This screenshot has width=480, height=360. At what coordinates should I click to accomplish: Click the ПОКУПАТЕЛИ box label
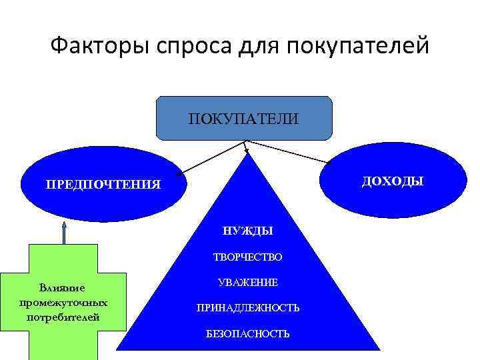coord(243,119)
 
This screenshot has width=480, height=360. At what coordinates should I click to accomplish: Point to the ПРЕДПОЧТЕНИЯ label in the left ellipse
coord(103,184)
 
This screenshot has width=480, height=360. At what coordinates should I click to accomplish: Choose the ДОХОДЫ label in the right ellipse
coord(393,181)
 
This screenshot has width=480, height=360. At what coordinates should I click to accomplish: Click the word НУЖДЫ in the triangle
coord(248,231)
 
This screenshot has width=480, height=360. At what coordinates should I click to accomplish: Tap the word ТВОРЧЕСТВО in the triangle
coord(247,257)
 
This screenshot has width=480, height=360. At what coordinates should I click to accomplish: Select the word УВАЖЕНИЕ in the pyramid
coord(247,283)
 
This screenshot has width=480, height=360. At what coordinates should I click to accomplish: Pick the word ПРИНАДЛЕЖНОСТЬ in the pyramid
coord(247,308)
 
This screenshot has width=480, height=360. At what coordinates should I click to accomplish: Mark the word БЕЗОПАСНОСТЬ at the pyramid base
coord(247,333)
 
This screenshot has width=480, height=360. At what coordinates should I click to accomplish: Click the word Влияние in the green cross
coord(62,288)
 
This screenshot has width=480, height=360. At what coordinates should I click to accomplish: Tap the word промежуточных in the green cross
coord(63,302)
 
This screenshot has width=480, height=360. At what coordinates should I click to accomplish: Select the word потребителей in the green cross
coord(63,316)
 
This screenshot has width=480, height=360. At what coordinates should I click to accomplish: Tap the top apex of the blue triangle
coord(247,155)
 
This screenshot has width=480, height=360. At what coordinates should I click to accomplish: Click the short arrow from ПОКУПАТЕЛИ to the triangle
coord(245,147)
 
